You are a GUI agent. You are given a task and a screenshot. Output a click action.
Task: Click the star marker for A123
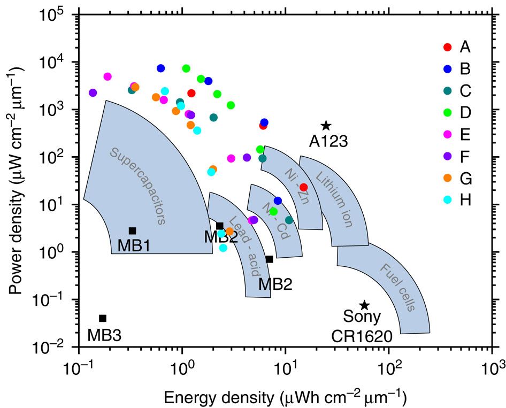pyautogui.click(x=326, y=126)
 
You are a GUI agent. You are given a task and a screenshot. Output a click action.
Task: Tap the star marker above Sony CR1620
pyautogui.click(x=364, y=305)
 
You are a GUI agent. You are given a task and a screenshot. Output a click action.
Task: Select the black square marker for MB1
pyautogui.click(x=132, y=230)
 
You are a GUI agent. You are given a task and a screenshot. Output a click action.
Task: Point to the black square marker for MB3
pyautogui.click(x=103, y=318)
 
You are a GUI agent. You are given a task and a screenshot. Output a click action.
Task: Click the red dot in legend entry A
pyautogui.click(x=448, y=48)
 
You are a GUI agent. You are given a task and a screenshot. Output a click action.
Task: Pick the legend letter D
pyautogui.click(x=465, y=112)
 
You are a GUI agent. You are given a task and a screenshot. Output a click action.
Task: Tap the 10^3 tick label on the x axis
pyautogui.click(x=491, y=368)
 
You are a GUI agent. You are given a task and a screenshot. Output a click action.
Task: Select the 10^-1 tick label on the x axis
pyautogui.click(x=77, y=368)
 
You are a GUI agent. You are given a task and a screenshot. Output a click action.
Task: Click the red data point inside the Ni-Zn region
pyautogui.click(x=303, y=187)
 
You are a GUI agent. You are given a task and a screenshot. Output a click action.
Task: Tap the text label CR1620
pyautogui.click(x=361, y=336)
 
